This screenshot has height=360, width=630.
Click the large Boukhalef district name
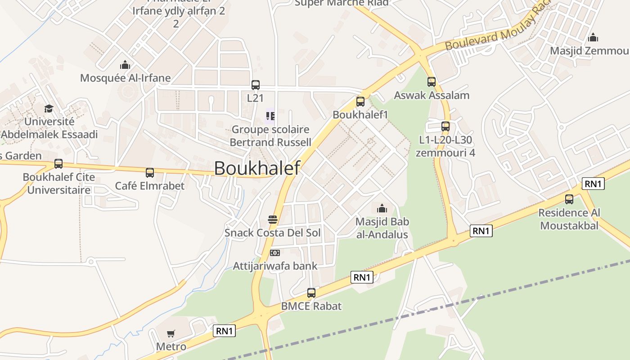[x=257, y=168]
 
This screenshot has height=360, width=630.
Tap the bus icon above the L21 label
[x=255, y=85]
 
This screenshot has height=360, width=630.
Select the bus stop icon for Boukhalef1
[x=360, y=102]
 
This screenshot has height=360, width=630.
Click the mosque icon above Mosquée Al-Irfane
[x=125, y=65]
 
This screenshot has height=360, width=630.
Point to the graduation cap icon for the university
[x=49, y=108]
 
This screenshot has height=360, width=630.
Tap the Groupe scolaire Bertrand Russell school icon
[x=270, y=117]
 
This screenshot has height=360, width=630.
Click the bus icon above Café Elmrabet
[x=150, y=173]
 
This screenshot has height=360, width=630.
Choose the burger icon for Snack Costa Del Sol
[x=273, y=220]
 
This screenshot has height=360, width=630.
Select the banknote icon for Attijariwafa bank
[x=274, y=253]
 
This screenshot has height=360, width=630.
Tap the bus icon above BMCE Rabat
[x=311, y=293]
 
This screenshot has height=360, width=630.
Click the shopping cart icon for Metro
[x=171, y=333]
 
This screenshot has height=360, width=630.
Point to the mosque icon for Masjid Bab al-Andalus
[x=382, y=208]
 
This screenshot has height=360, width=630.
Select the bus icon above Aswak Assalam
[x=432, y=82]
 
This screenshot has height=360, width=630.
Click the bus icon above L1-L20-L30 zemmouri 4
[x=445, y=126]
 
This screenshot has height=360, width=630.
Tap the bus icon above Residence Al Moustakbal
[x=569, y=199]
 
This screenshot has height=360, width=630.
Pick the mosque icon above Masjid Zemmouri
[x=593, y=37]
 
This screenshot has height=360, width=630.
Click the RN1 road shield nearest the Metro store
[x=224, y=331]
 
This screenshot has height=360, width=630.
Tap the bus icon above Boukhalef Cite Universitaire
[x=58, y=164]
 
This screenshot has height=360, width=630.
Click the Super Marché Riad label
[x=342, y=3]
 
